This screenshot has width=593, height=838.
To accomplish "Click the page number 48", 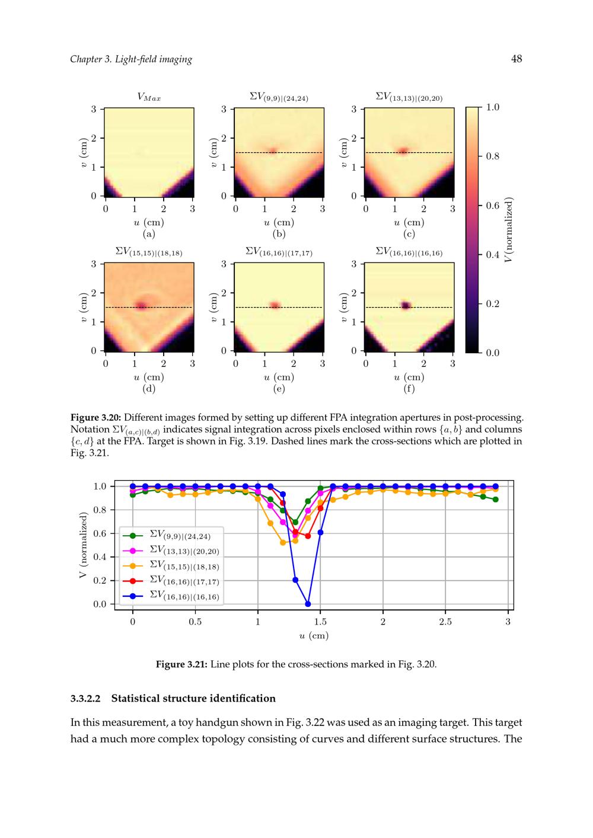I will (x=516, y=59).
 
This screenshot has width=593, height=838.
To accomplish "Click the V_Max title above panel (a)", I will (x=149, y=97).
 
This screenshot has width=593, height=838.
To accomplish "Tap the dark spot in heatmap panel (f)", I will (x=406, y=306).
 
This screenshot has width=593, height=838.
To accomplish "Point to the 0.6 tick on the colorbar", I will (x=492, y=206).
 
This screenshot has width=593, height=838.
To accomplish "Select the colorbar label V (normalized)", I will (x=509, y=230).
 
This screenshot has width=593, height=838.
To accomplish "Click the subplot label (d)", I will (x=149, y=389).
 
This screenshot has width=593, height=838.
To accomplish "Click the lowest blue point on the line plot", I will (x=308, y=604).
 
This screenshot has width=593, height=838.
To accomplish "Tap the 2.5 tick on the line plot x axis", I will (x=445, y=622).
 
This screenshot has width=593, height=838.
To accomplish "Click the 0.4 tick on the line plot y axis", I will (x=100, y=557).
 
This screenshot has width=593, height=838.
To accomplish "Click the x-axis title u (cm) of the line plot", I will (x=314, y=635).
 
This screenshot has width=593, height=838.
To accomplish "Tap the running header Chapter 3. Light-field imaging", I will (x=131, y=59).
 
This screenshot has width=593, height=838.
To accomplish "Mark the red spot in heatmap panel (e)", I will (x=275, y=306).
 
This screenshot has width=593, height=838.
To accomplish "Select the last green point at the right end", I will (x=495, y=500).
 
